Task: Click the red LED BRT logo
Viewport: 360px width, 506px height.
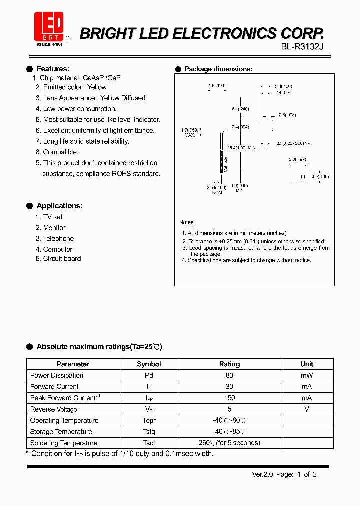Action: coord(49,26)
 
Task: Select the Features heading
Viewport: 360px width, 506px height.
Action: coord(53,69)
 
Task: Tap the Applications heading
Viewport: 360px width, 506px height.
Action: coord(59,206)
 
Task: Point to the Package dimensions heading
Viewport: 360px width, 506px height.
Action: coord(218,69)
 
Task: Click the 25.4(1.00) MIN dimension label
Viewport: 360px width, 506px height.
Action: coord(242,148)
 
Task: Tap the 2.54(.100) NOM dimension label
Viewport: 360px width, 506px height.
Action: coord(216,189)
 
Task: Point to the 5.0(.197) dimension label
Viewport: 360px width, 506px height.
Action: coord(297,159)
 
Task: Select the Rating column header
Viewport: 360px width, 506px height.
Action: coord(229,364)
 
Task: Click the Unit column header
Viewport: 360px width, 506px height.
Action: coord(307,364)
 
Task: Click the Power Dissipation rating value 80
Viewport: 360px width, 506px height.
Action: coord(229,375)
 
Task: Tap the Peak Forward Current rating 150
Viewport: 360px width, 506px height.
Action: coord(229,398)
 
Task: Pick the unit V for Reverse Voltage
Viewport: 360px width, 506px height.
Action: coord(307,409)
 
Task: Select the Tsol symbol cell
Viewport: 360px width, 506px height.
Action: coord(149,443)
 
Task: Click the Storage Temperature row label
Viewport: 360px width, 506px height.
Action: coord(61,432)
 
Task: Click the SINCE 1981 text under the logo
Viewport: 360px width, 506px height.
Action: coord(50,45)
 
